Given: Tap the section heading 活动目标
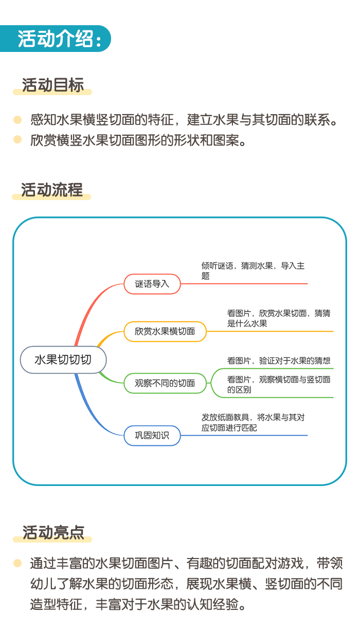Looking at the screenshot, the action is [x=53, y=85].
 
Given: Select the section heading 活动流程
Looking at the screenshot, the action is [x=52, y=190].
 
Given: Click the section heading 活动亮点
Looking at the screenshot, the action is [x=53, y=532].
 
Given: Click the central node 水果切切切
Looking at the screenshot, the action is [x=63, y=359].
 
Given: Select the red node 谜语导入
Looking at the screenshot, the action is [x=152, y=284].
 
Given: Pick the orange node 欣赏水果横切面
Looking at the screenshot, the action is [x=165, y=332].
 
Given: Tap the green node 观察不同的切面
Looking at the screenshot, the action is [x=165, y=383].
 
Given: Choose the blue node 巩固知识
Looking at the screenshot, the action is [x=152, y=436].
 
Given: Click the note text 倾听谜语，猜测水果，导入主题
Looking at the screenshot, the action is [x=253, y=271].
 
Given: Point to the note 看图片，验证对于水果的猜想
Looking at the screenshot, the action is [x=279, y=361].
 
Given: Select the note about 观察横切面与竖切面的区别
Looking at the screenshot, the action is [x=279, y=385].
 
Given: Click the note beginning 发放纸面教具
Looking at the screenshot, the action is [x=253, y=422].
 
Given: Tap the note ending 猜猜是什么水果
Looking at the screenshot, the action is [x=279, y=318].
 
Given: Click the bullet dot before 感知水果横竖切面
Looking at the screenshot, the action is [x=17, y=119].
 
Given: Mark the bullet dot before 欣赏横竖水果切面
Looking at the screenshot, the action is [x=17, y=139].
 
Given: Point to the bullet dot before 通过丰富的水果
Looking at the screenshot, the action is [x=17, y=563].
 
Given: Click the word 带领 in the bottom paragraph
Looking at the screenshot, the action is [x=330, y=563].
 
